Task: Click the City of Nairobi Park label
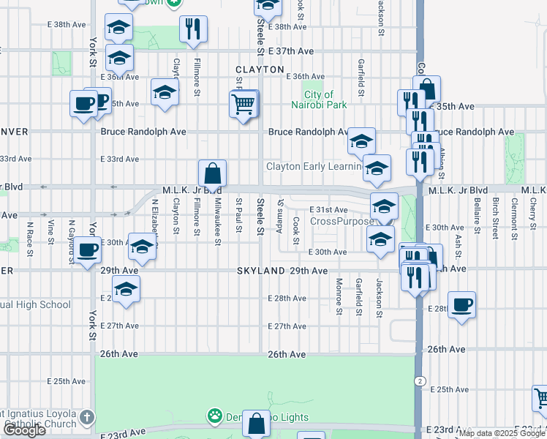319,100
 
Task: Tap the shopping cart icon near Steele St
244,105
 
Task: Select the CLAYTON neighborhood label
260,70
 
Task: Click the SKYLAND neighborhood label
260,271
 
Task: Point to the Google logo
24,430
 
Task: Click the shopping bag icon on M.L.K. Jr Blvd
212,174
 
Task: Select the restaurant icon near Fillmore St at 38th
193,29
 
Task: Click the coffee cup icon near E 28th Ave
461,304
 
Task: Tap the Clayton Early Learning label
314,167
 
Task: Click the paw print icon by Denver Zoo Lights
214,417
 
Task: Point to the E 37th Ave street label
290,52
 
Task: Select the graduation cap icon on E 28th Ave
126,290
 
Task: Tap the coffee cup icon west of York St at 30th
88,250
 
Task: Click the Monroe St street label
339,296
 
